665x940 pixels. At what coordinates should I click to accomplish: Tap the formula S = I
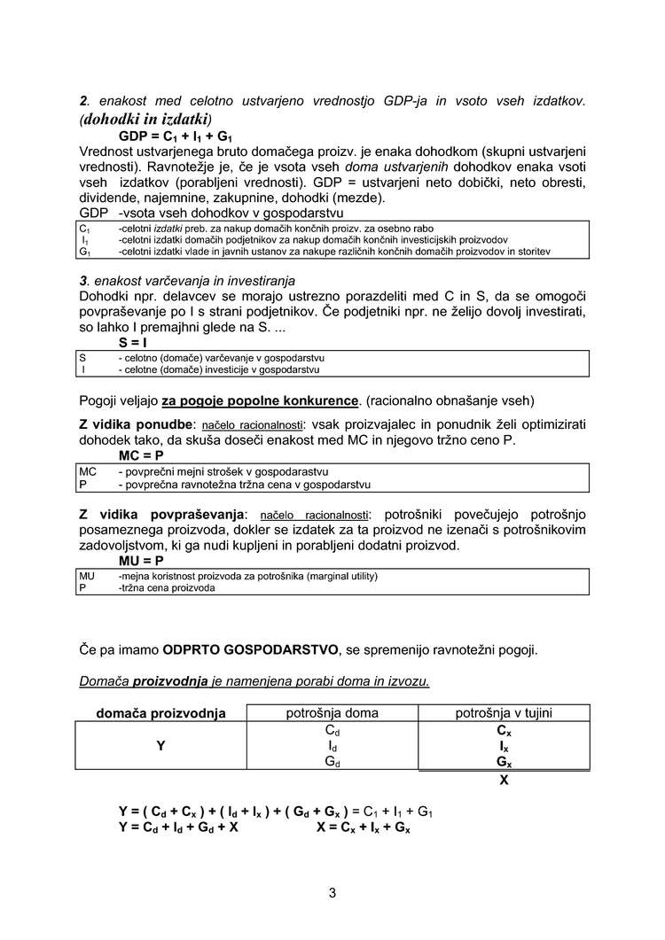pyautogui.click(x=133, y=342)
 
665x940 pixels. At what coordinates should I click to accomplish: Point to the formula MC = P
pyautogui.click(x=142, y=455)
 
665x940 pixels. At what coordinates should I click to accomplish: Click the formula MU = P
pyautogui.click(x=142, y=561)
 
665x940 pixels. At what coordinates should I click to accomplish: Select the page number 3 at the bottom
pyautogui.click(x=332, y=892)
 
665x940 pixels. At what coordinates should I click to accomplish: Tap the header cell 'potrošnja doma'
pyautogui.click(x=332, y=713)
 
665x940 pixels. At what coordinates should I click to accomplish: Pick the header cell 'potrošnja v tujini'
pyautogui.click(x=504, y=713)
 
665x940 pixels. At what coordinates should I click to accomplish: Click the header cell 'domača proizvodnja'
pyautogui.click(x=160, y=713)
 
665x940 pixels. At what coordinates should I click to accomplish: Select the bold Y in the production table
pyautogui.click(x=160, y=746)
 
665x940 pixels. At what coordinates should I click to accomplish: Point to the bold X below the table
pyautogui.click(x=504, y=781)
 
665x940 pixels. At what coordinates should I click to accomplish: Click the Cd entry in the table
pyautogui.click(x=332, y=732)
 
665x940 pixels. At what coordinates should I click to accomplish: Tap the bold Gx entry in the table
pyautogui.click(x=504, y=762)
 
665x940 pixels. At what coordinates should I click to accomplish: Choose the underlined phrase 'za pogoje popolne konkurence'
pyautogui.click(x=261, y=400)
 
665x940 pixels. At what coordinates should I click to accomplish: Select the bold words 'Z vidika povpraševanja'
pyautogui.click(x=160, y=514)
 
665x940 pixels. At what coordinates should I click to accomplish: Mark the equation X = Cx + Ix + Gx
pyautogui.click(x=363, y=827)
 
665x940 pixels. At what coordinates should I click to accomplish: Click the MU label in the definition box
pyautogui.click(x=87, y=576)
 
